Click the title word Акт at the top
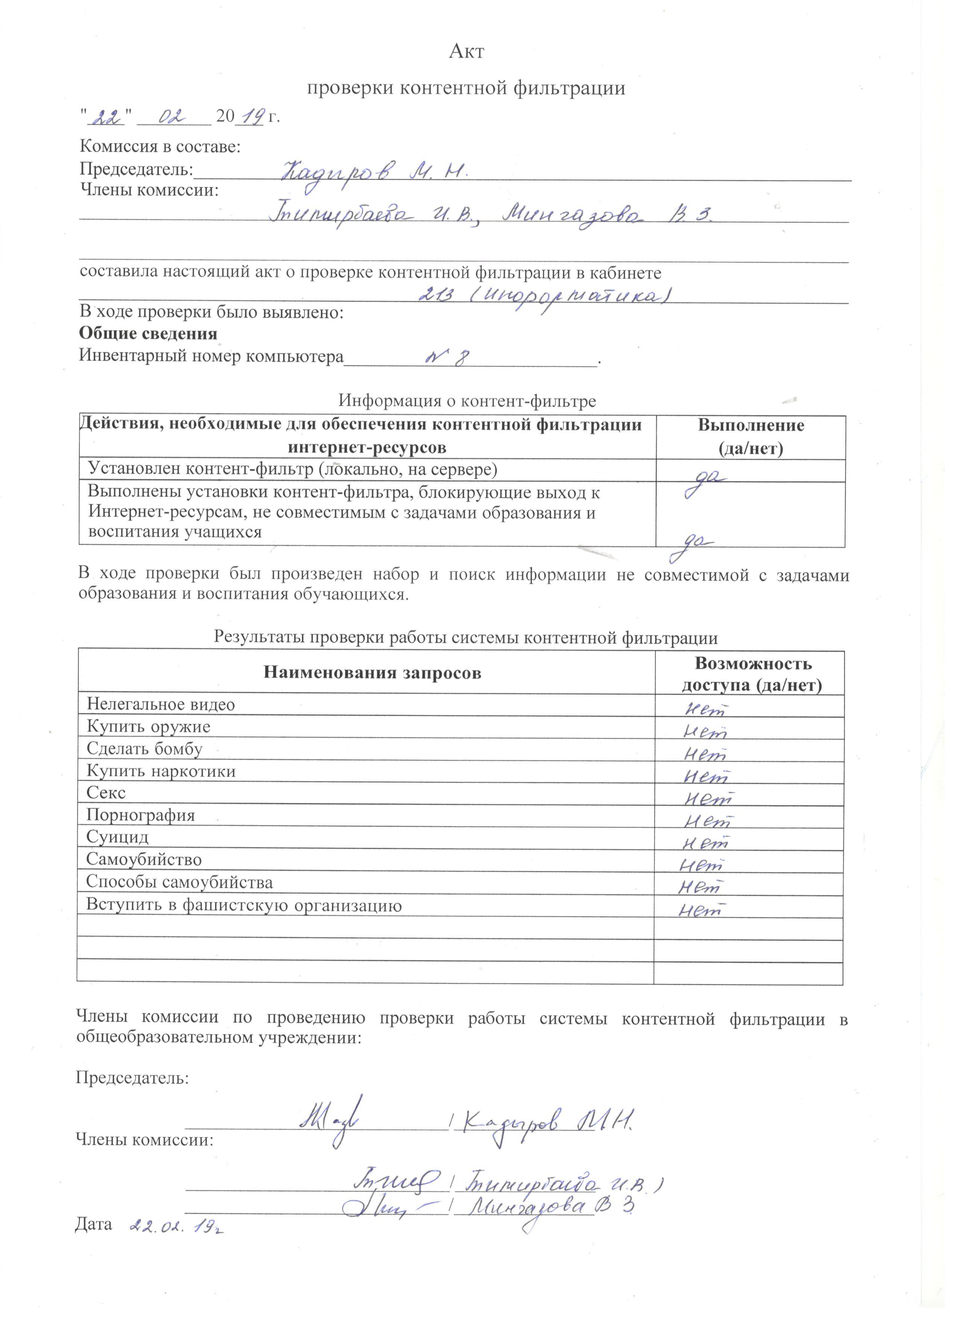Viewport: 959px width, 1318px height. (x=466, y=52)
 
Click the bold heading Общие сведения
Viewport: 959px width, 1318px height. (x=148, y=334)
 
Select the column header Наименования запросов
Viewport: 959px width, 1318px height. (x=372, y=673)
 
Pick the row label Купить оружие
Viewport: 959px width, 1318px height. (x=148, y=726)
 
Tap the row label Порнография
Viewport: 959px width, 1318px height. (x=141, y=815)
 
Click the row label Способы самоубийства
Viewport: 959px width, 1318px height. (x=179, y=882)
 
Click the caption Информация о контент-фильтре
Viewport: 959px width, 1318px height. (x=467, y=401)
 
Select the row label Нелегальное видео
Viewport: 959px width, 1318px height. (x=161, y=704)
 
